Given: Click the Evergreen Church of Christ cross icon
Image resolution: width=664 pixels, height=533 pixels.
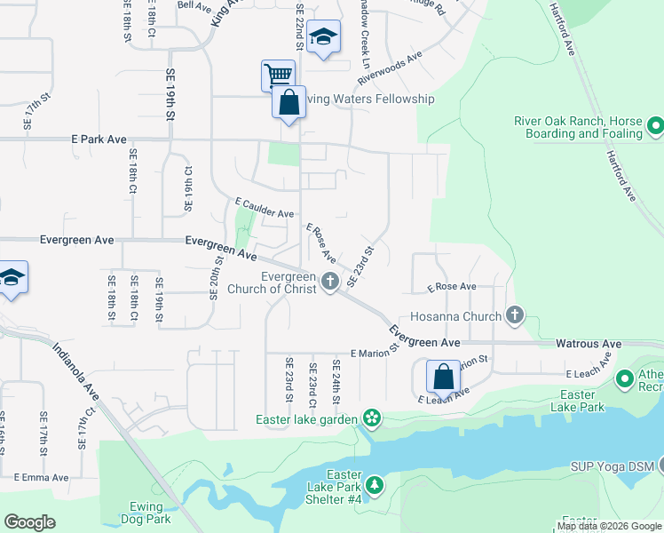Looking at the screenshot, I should point(330,282).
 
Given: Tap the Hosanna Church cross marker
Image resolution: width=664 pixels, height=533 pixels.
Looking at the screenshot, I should point(515,314).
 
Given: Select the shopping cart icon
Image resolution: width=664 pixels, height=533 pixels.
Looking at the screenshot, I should point(278,75).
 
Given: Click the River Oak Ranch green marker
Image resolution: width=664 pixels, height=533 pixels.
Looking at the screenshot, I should point(655,126).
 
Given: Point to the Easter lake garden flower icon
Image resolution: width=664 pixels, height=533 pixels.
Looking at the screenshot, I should point(371,418).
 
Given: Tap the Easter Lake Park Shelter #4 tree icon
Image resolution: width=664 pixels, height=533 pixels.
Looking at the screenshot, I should point(375,485).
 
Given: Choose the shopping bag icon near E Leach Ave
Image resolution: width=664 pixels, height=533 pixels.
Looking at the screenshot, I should point(442,377).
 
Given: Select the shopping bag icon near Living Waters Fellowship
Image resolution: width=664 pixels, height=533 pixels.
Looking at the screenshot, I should point(289,102).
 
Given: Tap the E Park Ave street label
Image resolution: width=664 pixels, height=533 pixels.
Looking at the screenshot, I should point(99,139).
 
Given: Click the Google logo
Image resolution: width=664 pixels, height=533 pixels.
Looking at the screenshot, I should point(29,522).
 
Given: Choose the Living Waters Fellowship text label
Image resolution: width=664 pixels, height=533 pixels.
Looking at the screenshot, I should point(370,99).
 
